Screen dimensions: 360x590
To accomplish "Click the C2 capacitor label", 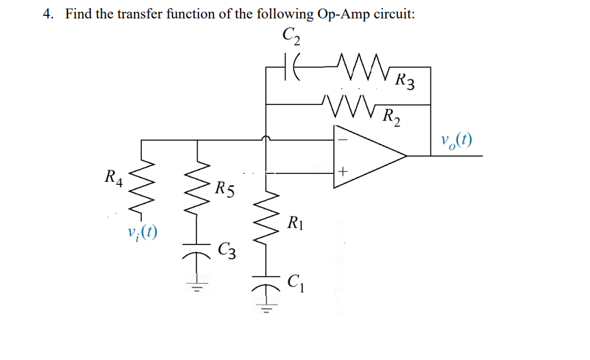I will point(291,37).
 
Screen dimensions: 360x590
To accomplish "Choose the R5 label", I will point(224,188).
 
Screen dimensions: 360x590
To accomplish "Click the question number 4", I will point(47,14).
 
